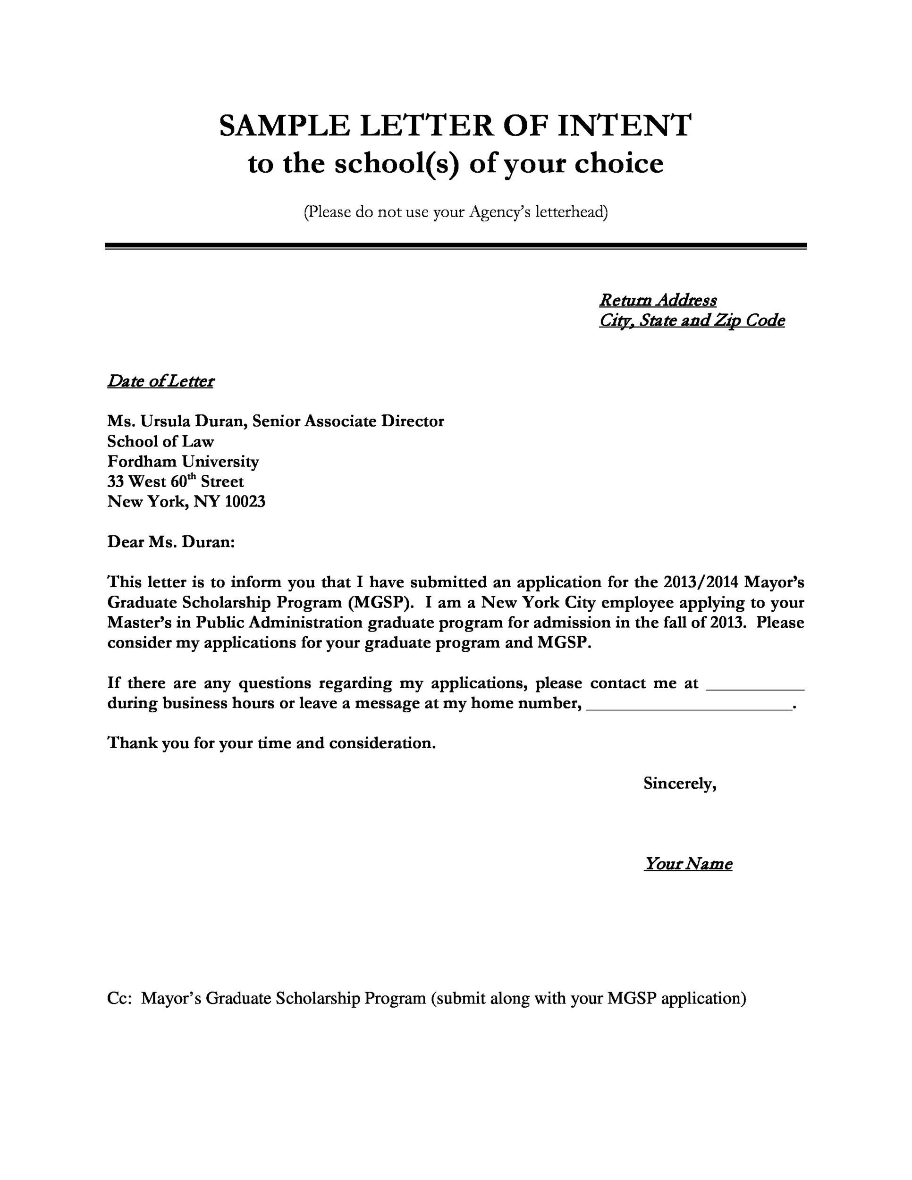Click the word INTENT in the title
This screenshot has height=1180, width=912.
point(624,126)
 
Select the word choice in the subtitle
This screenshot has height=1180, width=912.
point(619,164)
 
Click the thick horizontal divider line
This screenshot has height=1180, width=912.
point(456,246)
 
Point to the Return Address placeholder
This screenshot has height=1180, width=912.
point(658,300)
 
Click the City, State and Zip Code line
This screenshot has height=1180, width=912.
point(692,320)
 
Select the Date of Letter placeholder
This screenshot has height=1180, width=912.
point(160,381)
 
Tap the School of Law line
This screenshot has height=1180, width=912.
point(160,441)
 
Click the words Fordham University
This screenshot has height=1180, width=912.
point(183,462)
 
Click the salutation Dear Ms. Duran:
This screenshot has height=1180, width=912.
point(171,542)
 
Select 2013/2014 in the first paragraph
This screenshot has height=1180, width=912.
point(700,582)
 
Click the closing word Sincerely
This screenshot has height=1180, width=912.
point(679,784)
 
